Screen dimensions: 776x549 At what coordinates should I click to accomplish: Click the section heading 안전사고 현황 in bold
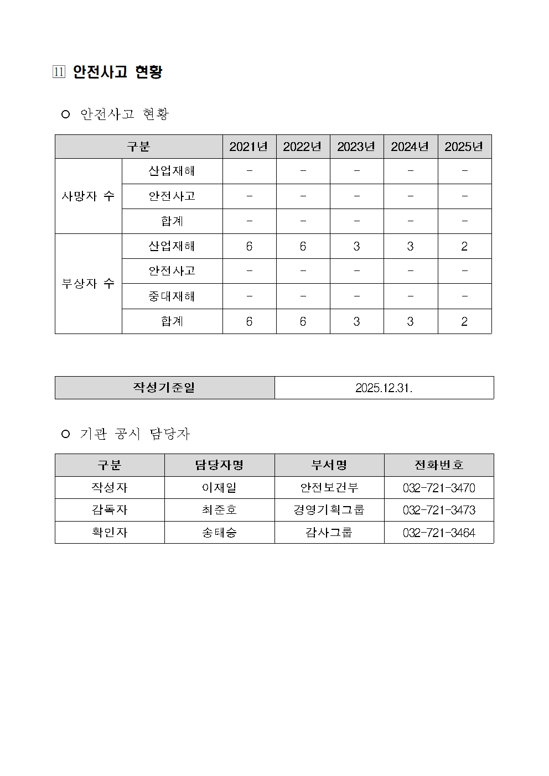coord(117,72)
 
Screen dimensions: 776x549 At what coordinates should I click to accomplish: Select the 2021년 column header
coord(248,147)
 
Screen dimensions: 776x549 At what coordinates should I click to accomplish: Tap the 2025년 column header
coord(464,147)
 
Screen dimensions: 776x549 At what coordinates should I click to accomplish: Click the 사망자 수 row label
coord(88,196)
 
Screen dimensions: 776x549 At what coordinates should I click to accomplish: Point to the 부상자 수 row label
coord(88,284)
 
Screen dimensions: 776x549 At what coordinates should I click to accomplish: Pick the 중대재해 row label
coord(172,296)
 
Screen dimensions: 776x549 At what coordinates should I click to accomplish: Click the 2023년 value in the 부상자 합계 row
coord(356,321)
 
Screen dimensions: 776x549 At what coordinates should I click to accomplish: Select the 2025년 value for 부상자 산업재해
coord(464,246)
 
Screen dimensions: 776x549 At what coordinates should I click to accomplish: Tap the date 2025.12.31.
coord(384,388)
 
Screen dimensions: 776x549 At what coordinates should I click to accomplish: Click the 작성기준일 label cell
coord(164,388)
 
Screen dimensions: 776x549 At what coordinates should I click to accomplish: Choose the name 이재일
coord(219,488)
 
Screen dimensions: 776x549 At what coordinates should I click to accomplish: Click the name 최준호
coord(219,510)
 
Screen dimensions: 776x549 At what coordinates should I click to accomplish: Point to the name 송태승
coord(219,533)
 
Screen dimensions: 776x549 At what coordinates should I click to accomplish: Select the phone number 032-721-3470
coord(438,488)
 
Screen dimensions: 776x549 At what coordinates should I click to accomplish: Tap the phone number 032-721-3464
coord(438,533)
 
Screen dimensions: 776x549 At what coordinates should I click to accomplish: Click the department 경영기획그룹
coord(329,510)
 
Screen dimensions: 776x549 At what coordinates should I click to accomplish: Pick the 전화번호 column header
coord(438,465)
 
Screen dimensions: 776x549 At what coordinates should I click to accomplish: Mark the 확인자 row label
coord(110,533)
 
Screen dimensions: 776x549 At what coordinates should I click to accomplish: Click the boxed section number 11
coord(59,72)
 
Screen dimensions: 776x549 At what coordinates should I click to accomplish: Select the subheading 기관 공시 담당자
coord(134,434)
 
